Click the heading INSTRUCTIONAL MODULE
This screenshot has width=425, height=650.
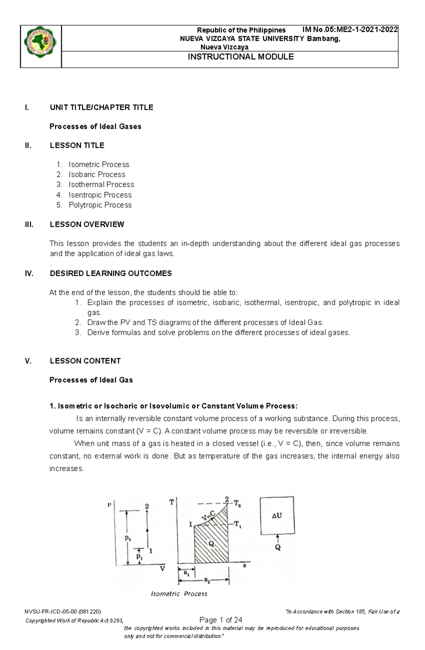click(240, 57)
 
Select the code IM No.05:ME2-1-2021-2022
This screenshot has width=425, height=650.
click(350, 29)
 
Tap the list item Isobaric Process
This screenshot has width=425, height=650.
click(97, 174)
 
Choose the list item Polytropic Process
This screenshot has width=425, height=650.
click(100, 205)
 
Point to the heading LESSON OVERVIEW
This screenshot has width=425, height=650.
click(87, 224)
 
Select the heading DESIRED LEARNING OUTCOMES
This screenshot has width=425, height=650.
click(110, 273)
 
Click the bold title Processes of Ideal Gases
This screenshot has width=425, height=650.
click(95, 126)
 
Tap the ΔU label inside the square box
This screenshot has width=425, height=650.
click(277, 516)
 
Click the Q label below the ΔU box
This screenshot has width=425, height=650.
click(278, 548)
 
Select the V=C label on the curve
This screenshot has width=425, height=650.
click(208, 515)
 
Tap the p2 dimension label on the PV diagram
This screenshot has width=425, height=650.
click(127, 538)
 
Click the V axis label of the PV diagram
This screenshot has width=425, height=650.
click(162, 569)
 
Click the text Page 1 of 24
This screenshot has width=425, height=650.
click(221, 620)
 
